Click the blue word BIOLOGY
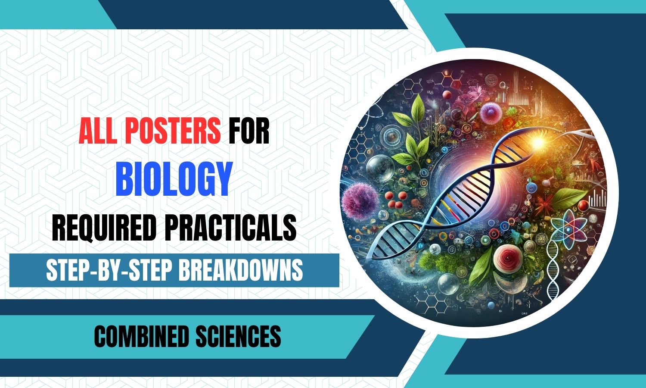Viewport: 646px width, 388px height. pyautogui.click(x=174, y=178)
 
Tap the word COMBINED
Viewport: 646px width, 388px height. pyautogui.click(x=141, y=337)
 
